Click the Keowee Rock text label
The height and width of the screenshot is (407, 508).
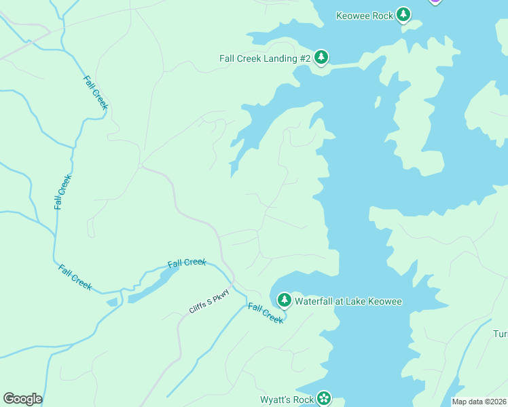click(365, 16)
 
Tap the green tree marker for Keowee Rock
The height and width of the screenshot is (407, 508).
click(403, 14)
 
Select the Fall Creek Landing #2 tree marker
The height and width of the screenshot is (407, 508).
click(321, 58)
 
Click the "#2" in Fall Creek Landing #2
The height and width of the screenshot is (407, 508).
click(304, 58)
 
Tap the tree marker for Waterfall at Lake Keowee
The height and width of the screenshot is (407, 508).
click(284, 300)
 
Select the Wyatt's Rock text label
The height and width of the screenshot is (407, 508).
click(287, 400)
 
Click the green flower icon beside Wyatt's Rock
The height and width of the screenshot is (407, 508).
click(325, 398)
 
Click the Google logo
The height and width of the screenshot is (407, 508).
click(22, 399)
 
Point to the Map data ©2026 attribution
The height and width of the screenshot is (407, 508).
click(479, 402)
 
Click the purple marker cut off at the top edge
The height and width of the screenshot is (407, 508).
click(435, 1)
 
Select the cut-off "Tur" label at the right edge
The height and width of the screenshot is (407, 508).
click(500, 334)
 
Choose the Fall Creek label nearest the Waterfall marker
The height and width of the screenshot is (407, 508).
click(265, 313)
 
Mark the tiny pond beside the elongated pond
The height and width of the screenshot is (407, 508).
click(113, 301)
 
